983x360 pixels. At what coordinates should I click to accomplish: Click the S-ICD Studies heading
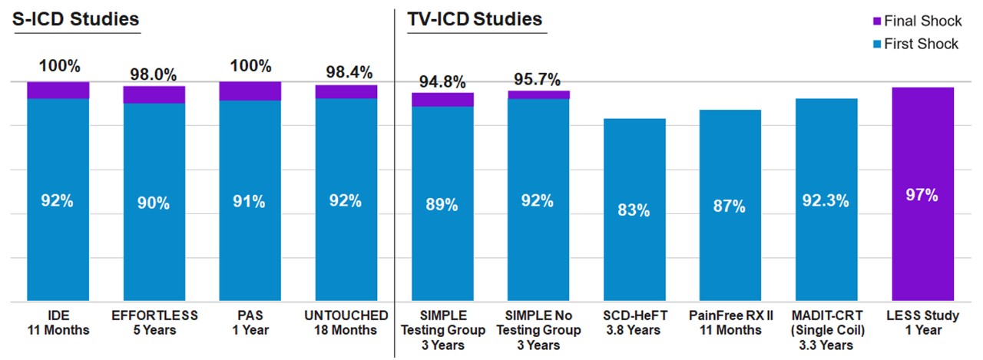77,18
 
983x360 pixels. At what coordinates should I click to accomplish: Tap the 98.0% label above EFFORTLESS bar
154,74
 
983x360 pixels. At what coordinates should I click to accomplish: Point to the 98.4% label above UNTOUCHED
346,73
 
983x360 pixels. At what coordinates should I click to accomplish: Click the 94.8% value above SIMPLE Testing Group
442,81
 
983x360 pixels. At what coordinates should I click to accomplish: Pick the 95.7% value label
538,79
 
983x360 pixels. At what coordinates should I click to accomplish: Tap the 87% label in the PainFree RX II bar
730,206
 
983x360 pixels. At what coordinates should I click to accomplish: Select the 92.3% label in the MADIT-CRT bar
826,201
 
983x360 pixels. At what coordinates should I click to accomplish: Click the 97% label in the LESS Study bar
922,195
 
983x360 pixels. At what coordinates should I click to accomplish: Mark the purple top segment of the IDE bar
58,90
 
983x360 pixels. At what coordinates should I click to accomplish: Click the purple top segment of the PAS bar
250,91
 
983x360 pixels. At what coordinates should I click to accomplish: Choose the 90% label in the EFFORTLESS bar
154,203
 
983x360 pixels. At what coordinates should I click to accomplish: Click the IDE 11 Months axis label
58,322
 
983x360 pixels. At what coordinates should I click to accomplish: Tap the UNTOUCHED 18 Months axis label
346,322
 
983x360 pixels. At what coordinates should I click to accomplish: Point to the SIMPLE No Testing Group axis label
538,330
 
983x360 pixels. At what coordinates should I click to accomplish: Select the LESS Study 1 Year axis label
922,322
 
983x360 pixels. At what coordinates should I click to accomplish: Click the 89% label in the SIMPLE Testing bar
442,205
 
